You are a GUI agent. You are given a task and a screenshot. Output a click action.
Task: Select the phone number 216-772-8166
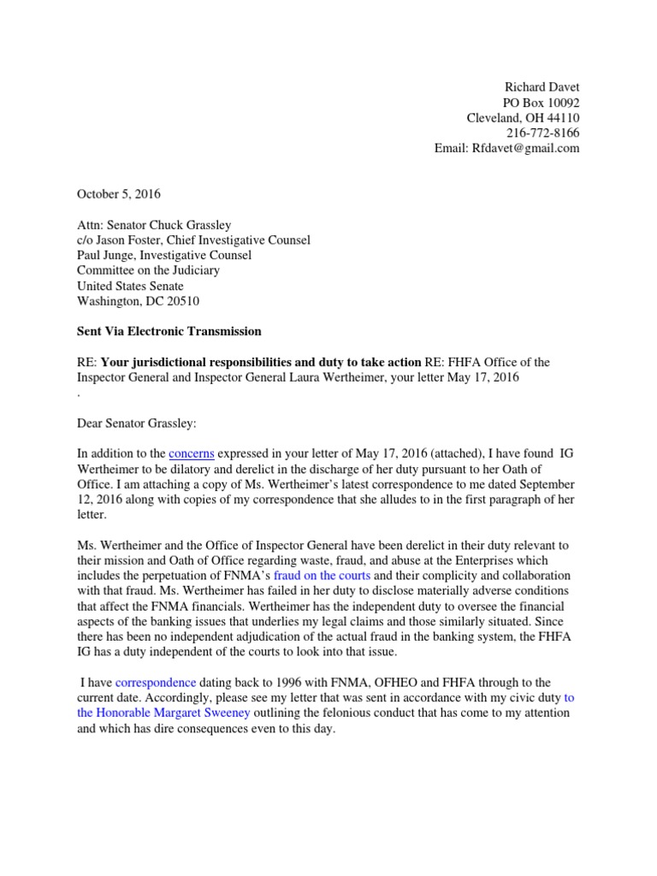(x=543, y=133)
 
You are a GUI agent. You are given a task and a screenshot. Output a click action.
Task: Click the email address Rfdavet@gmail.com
(x=524, y=148)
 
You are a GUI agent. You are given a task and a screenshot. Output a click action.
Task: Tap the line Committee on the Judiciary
(x=151, y=270)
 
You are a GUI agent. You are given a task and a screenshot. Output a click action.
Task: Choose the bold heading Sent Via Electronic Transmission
(x=169, y=331)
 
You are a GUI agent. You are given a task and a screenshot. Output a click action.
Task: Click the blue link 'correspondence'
(x=156, y=682)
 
